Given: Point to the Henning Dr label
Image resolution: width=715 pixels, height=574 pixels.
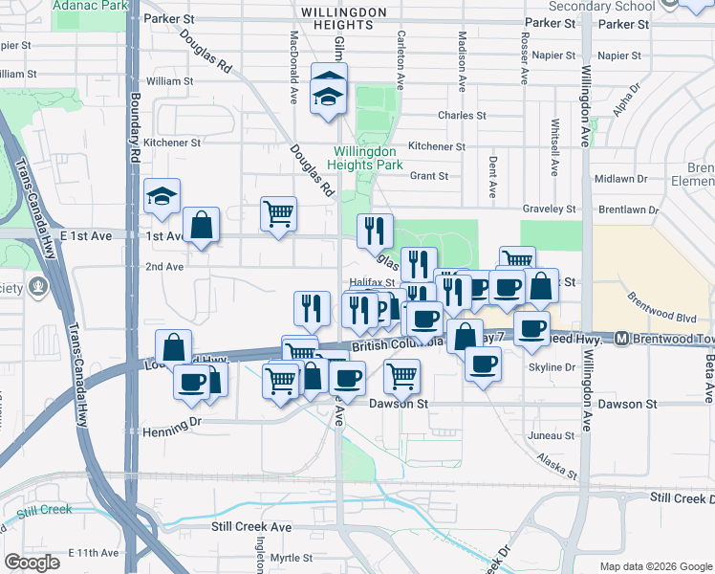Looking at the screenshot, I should click(170, 420).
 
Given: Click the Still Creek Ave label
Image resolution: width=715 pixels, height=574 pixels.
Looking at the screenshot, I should click(251, 526).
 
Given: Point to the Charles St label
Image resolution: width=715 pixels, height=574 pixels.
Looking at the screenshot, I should click(462, 116).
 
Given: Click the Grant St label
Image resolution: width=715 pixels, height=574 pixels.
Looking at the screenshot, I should click(429, 176).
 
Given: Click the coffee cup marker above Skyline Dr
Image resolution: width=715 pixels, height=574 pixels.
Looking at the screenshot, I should click(484, 364).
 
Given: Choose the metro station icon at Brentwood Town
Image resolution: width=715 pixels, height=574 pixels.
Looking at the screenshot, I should click(621, 338).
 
